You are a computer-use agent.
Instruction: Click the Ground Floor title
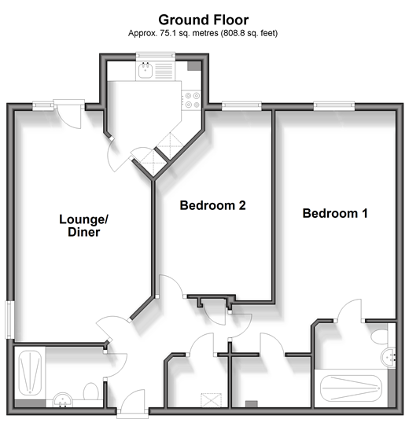pos(204,20)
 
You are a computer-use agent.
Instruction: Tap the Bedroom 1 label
pos(335,213)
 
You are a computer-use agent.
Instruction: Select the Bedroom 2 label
pos(212,205)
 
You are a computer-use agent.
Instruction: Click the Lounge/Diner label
pos(83,226)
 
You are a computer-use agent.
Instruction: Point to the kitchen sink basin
pos(146,70)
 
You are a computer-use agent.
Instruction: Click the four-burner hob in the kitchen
pos(192,100)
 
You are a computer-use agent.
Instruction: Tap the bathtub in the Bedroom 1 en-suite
pos(351,388)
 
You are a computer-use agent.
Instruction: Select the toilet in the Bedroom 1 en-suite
pos(380,337)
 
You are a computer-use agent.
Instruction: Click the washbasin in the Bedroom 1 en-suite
pos(389,358)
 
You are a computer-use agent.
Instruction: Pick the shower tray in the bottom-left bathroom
pos(30,373)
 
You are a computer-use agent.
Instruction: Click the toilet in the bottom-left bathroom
pos(91,392)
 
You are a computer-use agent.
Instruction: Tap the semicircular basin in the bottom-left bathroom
pos(63,399)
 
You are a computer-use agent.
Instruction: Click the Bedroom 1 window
pos(334,106)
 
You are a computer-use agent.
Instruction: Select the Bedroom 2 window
pos(241,106)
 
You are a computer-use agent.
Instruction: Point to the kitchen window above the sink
pos(156,56)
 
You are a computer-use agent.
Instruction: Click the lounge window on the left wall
pos(10,320)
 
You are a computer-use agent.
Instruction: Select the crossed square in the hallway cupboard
pos(211,399)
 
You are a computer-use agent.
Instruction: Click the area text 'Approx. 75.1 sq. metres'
pos(173,33)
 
